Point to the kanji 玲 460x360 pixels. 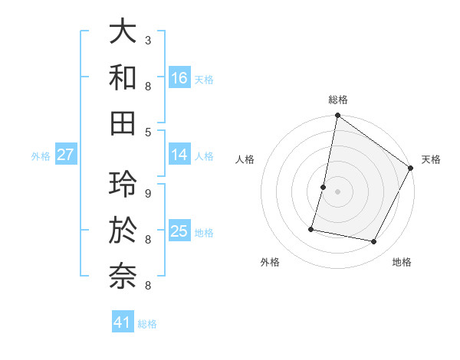point(123,183)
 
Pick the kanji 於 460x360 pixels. point(123,229)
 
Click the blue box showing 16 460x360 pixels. point(179,77)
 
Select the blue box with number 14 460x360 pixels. point(179,155)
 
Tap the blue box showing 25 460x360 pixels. point(179,231)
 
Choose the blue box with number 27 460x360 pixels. point(66,155)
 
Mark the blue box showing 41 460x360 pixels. point(123,322)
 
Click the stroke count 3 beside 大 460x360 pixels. point(148,40)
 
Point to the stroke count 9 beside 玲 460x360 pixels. point(148,193)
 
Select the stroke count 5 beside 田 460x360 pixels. point(148,132)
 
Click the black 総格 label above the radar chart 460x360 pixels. point(338,100)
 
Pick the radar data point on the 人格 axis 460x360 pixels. point(324,187)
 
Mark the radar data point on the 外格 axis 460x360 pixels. point(312,228)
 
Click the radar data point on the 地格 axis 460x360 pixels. point(374,241)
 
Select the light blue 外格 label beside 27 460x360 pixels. point(41,155)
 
